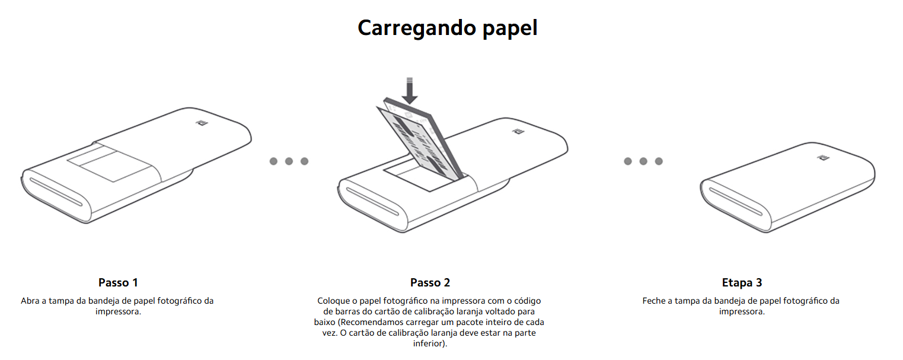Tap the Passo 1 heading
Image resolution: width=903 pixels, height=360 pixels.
click(118, 282)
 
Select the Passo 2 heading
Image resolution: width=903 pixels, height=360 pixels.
click(430, 282)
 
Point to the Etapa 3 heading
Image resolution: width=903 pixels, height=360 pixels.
click(742, 283)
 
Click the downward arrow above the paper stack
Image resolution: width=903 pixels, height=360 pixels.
click(410, 91)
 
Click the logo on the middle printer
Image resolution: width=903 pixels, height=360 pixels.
click(518, 132)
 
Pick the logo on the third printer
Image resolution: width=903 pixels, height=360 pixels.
click(823, 157)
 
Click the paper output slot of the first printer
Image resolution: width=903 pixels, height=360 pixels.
click(56, 192)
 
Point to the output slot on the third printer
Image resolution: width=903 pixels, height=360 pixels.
click(736, 202)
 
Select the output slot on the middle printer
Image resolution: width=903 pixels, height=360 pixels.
click(372, 202)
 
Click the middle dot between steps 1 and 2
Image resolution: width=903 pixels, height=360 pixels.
click(289, 161)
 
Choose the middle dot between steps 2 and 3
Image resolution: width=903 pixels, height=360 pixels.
click(643, 161)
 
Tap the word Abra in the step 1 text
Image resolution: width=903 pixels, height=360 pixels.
click(30, 301)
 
